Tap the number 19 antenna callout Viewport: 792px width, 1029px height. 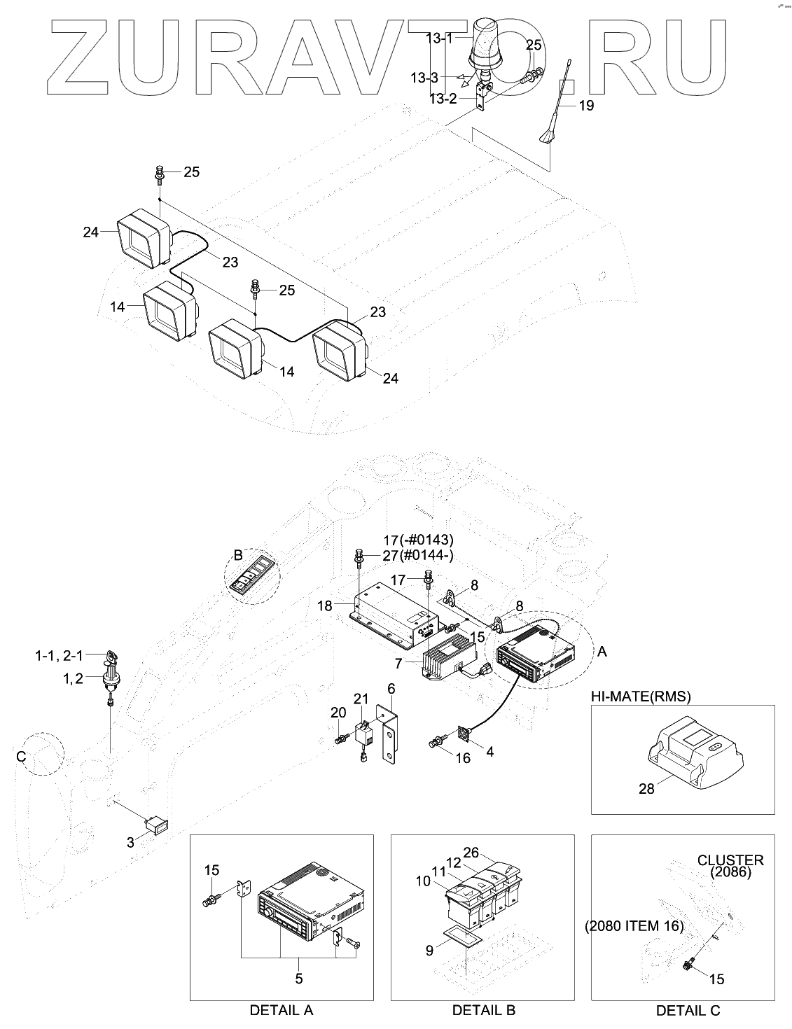[586, 106]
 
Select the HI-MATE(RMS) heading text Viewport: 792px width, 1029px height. [641, 696]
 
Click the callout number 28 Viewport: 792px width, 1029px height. [646, 789]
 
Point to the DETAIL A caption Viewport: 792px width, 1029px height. [282, 1010]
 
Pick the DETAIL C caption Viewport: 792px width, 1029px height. [688, 1010]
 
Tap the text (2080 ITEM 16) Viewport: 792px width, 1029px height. [634, 926]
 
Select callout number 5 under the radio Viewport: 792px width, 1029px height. [299, 978]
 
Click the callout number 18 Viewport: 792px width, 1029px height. [325, 605]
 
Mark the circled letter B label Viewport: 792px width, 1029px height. [238, 555]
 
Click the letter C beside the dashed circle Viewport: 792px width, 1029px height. [20, 757]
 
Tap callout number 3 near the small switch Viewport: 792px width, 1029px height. [130, 842]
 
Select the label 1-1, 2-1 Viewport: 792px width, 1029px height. [59, 656]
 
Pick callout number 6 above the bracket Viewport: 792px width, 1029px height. [391, 689]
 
